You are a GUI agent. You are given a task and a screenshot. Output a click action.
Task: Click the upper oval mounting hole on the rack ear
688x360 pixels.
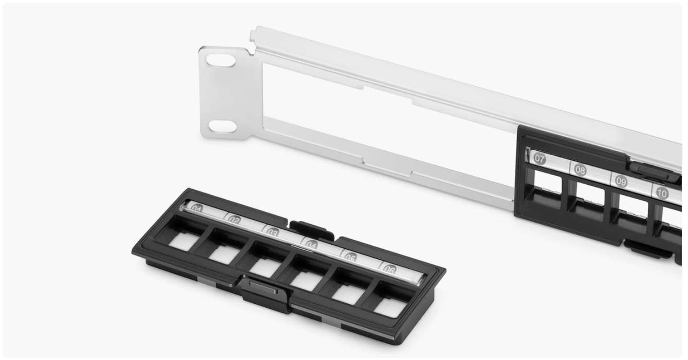click(221, 60)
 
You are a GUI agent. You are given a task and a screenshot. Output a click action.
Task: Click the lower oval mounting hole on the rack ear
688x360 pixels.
click(223, 126)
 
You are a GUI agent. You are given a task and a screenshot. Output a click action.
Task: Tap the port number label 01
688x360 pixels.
click(196, 209)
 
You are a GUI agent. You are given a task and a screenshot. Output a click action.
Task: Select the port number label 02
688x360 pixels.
click(234, 220)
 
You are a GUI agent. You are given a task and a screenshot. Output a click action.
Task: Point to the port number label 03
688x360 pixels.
click(272, 233)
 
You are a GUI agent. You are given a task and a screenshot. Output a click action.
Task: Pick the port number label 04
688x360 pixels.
click(311, 245)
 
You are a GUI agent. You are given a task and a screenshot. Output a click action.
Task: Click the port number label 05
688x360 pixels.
click(350, 257)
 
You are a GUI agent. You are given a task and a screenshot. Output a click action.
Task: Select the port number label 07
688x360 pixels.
click(540, 158)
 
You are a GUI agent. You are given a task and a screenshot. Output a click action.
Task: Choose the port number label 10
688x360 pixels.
click(662, 193)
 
